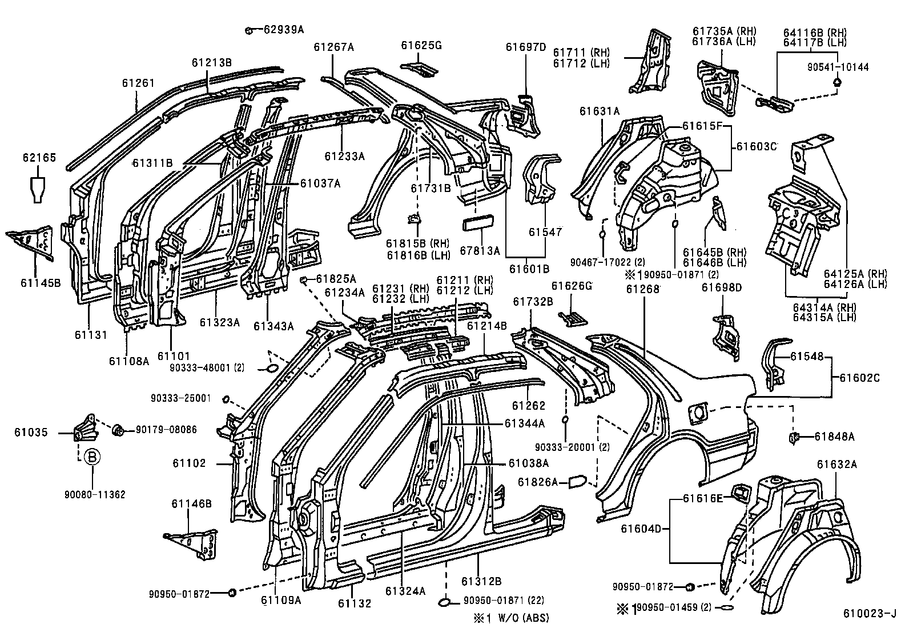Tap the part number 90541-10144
coord(838,67)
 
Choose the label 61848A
coord(834,437)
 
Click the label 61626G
coord(572,286)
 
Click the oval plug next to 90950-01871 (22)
coord(445,601)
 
